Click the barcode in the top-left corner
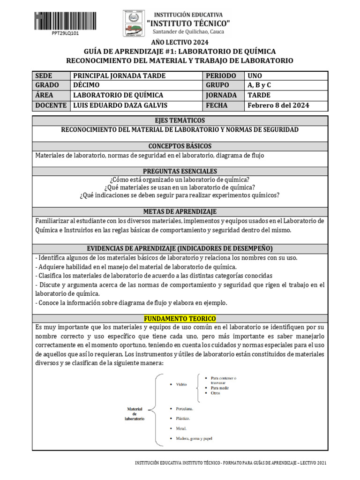[x=52, y=20]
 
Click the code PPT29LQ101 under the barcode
[x=52, y=34]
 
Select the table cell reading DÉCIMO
[x=87, y=85]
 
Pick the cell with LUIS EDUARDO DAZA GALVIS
[x=120, y=105]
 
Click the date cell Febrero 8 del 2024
[x=278, y=105]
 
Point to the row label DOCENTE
[x=51, y=105]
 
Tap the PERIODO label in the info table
[x=218, y=75]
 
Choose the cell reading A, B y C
[x=259, y=85]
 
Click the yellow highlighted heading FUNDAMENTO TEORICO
[x=180, y=319]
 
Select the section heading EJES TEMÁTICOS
[x=180, y=120]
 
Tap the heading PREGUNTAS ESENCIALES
[x=180, y=172]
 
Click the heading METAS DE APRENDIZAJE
[x=180, y=212]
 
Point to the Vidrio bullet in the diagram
[x=181, y=384]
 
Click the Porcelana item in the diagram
[x=184, y=408]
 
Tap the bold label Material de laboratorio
[x=135, y=413]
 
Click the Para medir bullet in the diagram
[x=220, y=388]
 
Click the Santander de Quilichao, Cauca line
[x=189, y=32]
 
